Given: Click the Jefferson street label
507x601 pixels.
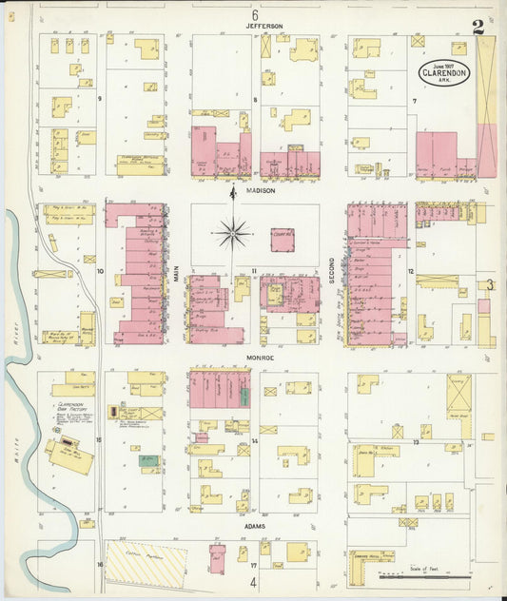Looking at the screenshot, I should [255, 26].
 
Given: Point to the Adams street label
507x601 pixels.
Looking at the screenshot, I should [254, 526].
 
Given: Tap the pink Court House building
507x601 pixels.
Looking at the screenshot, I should [283, 240].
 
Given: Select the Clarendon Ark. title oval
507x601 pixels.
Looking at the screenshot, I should [445, 73].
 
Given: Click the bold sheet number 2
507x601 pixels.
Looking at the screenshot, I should [478, 26].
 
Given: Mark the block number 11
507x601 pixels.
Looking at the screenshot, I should [255, 271].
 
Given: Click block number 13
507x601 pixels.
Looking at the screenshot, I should [416, 442].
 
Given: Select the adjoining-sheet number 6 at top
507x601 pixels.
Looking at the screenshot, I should [254, 13].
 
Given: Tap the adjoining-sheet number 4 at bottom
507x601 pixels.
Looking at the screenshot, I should [254, 581].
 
